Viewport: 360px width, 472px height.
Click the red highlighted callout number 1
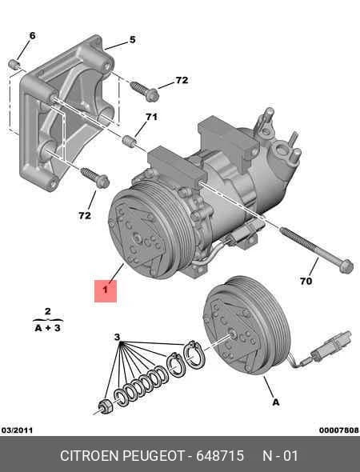(x=106, y=290)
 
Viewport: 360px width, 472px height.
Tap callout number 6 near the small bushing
(x=32, y=36)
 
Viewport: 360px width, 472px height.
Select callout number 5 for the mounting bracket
(x=133, y=40)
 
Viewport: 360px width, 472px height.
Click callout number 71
(x=151, y=117)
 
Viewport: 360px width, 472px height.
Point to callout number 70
(x=306, y=281)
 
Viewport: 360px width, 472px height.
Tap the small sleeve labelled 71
(x=129, y=141)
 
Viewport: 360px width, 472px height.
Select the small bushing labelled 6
(x=14, y=65)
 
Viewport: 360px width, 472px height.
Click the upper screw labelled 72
(x=144, y=90)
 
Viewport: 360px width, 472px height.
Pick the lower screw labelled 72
(x=95, y=178)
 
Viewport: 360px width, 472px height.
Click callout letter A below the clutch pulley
(x=276, y=402)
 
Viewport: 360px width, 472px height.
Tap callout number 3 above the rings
(x=117, y=337)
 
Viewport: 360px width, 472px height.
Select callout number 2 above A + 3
(x=47, y=311)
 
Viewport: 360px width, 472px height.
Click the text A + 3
(x=47, y=327)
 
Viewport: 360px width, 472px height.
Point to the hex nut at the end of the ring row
(x=106, y=406)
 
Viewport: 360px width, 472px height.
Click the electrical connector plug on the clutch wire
(x=332, y=346)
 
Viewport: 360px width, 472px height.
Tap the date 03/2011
(x=17, y=430)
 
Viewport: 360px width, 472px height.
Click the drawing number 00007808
(x=339, y=430)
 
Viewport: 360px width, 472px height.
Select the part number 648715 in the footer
(x=220, y=456)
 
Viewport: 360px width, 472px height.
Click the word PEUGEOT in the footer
(x=154, y=456)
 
